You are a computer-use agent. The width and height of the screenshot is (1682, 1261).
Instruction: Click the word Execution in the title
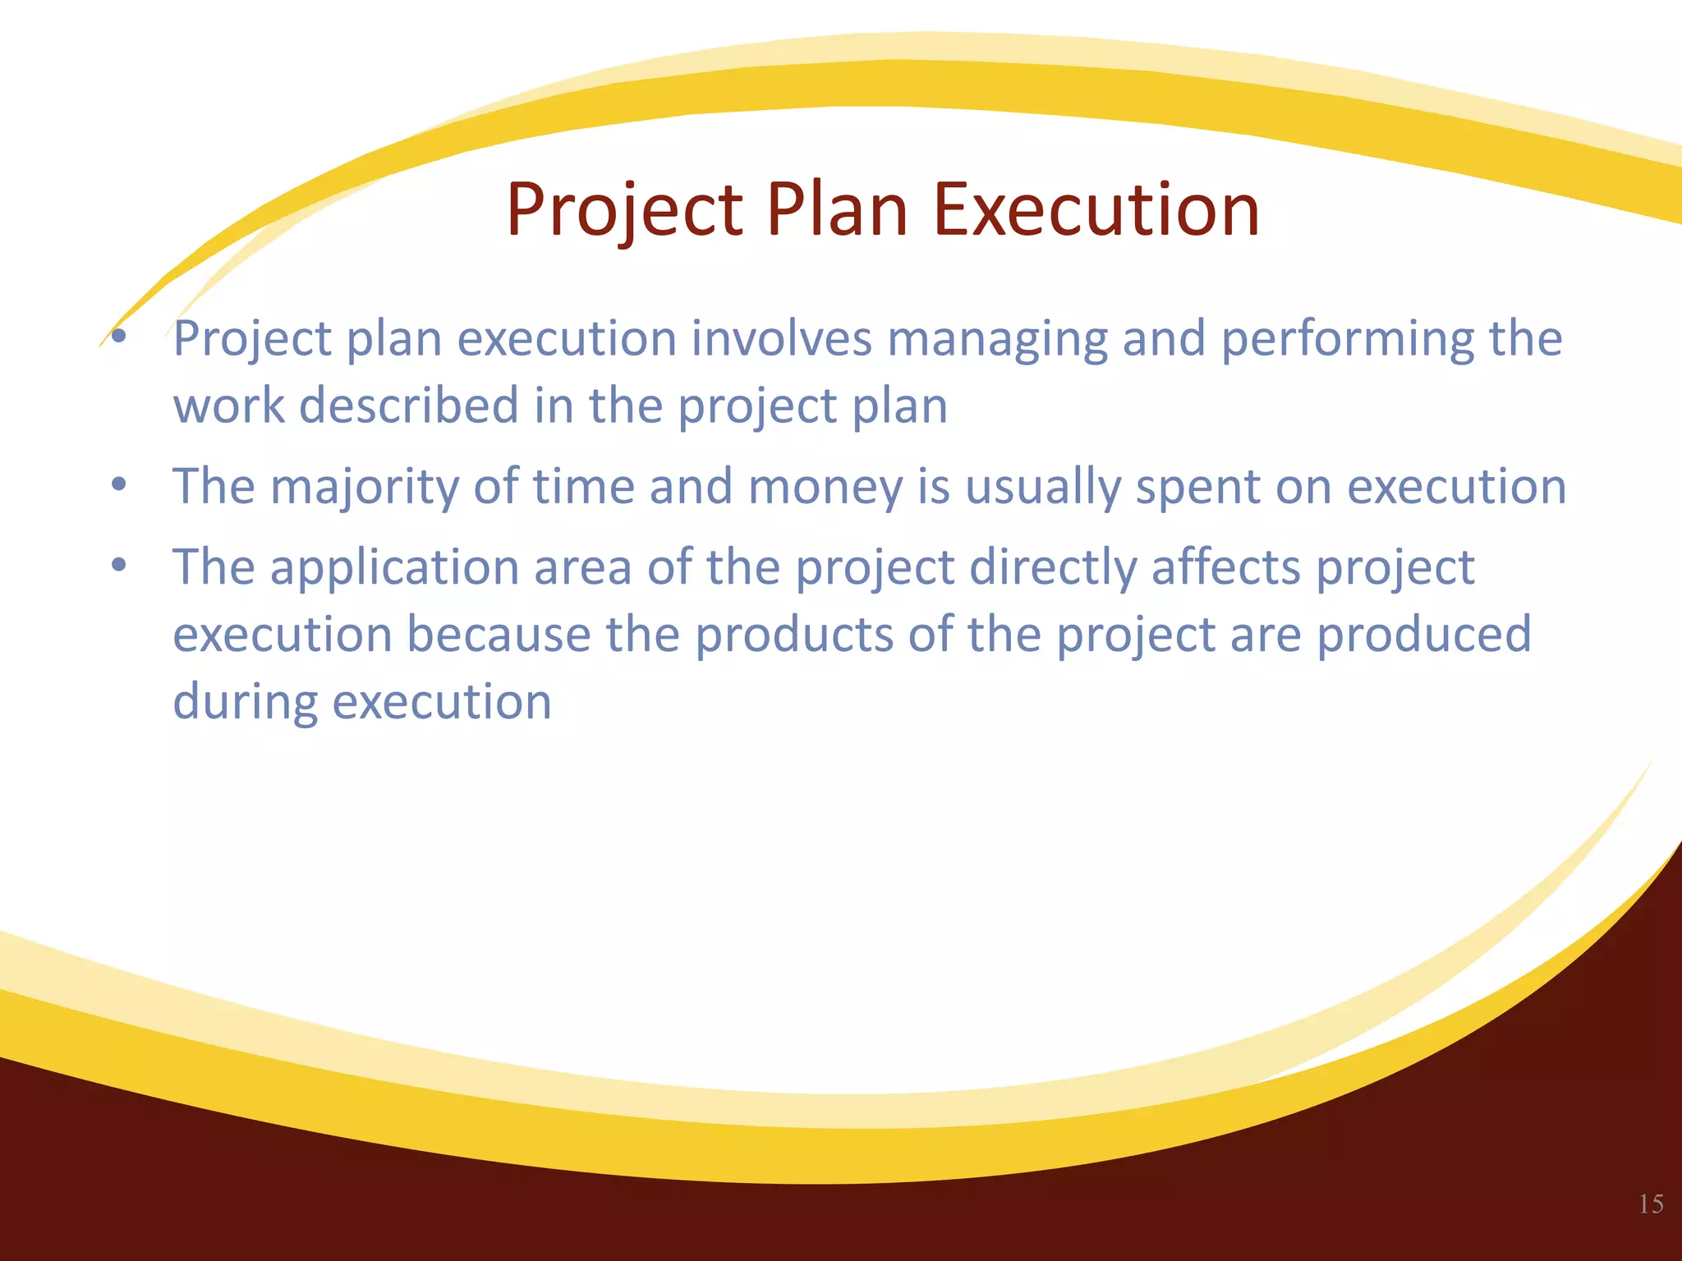coord(1096,210)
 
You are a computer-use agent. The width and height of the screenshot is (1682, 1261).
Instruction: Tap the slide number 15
coord(1651,1204)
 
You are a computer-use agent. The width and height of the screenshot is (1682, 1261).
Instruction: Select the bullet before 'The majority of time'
coord(119,484)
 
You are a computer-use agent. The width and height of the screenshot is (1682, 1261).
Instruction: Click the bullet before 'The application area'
coord(119,565)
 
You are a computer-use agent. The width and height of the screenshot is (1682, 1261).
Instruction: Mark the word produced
coord(1424,635)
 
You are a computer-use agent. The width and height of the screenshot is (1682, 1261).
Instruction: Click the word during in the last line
coord(245,703)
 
